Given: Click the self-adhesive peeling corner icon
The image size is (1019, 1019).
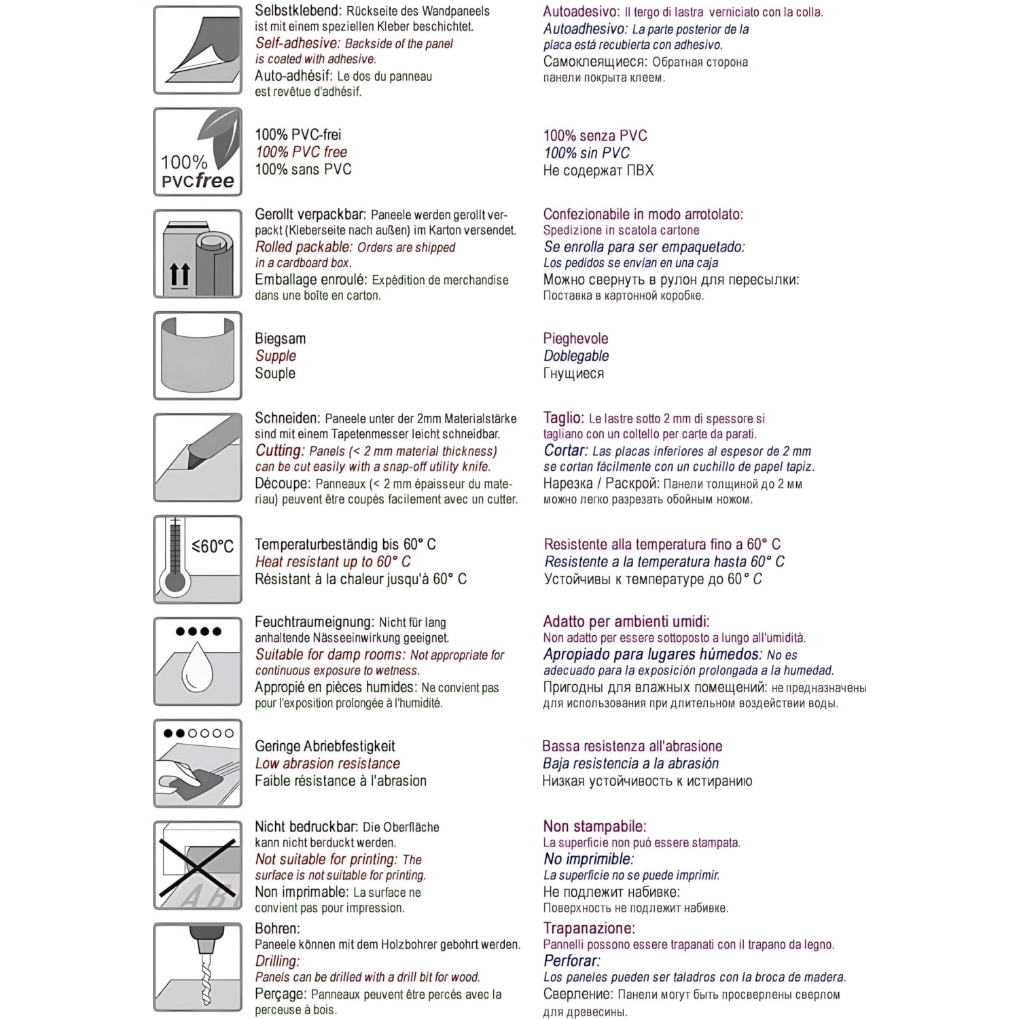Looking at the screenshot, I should (x=198, y=50).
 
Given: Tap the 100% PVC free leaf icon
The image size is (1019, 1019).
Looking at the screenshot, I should (x=198, y=152).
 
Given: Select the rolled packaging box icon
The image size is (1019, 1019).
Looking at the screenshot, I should (x=198, y=254).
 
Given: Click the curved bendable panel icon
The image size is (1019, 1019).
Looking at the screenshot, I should (x=198, y=355).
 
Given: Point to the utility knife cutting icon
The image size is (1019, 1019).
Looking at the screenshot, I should (x=198, y=457).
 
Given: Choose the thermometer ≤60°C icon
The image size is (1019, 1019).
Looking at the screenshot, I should (x=198, y=559).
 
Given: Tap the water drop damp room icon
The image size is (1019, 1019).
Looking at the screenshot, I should (x=198, y=661).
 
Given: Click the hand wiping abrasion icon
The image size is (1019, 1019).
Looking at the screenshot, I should (x=198, y=763).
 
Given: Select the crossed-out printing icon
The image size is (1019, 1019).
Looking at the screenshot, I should (x=198, y=865).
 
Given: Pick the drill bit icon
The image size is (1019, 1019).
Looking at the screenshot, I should (x=198, y=967).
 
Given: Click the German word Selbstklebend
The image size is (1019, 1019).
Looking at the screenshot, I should (x=298, y=11).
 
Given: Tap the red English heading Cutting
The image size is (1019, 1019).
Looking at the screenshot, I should (x=280, y=451).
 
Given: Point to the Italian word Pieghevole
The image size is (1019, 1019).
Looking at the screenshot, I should (x=575, y=338).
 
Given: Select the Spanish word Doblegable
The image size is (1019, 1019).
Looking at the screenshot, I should (x=576, y=356).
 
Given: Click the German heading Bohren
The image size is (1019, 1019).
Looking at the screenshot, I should (x=277, y=929).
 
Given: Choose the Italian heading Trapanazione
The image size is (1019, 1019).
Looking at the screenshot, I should (x=589, y=929).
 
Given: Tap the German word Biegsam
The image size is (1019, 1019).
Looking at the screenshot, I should (x=280, y=338).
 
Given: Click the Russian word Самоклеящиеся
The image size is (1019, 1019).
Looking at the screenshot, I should (x=595, y=62).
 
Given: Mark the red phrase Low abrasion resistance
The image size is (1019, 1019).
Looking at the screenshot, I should (x=327, y=764).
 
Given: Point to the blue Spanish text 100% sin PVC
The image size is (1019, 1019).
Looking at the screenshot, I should (x=586, y=153).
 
